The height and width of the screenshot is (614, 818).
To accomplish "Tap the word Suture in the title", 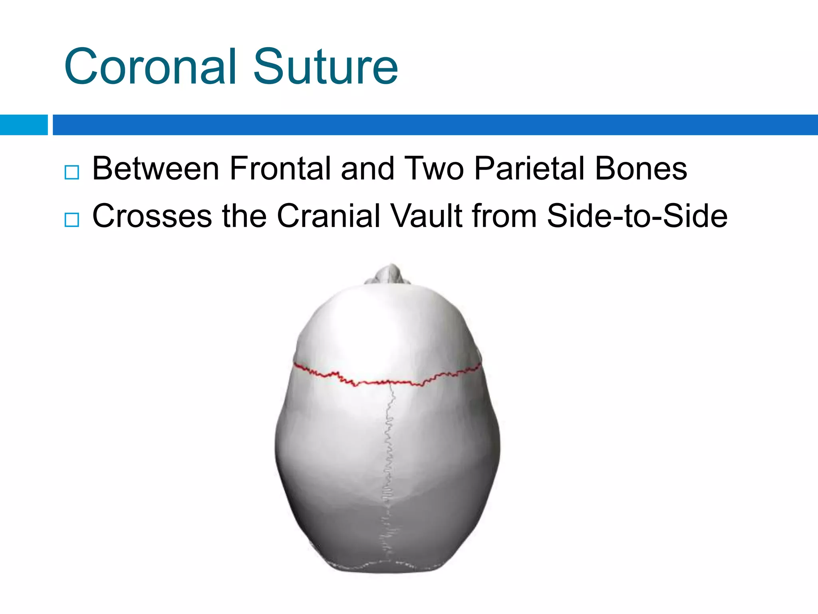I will [x=325, y=67].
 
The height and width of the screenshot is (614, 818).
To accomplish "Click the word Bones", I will [x=641, y=169].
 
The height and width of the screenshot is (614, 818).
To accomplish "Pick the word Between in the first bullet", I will [x=156, y=169].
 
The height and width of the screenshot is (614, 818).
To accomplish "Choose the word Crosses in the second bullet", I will [x=152, y=216].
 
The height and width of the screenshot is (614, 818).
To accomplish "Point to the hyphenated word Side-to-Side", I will [x=637, y=216].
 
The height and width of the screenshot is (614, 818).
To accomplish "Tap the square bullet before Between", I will [x=72, y=172].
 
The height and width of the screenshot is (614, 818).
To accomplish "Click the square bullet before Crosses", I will [x=72, y=220].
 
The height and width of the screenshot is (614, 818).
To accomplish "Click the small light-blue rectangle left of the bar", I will [x=24, y=125].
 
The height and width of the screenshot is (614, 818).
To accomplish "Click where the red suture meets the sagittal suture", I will [x=390, y=383].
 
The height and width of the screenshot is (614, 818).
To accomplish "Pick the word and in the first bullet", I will [x=367, y=169].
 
